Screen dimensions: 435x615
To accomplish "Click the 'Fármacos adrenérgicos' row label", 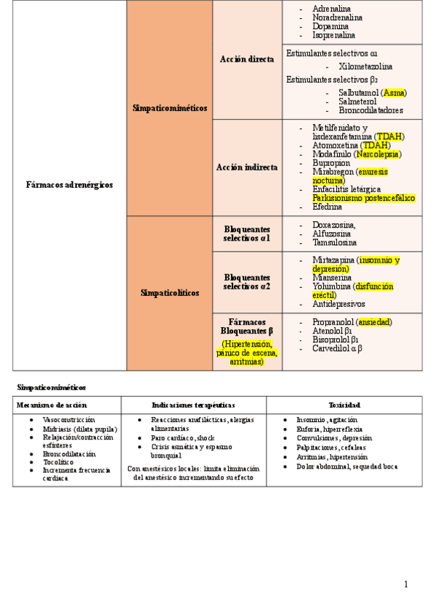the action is (70, 185).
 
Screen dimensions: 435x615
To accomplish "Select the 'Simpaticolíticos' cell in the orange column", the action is (169, 293).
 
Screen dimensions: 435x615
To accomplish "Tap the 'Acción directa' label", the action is (247, 59).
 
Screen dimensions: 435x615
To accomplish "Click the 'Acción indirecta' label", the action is (247, 167).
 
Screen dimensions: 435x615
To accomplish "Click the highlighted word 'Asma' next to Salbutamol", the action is (394, 93).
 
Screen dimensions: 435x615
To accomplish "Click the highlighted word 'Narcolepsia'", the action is (378, 154).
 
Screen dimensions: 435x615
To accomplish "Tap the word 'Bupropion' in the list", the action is (333, 163).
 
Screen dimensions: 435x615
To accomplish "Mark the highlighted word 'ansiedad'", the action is (375, 322).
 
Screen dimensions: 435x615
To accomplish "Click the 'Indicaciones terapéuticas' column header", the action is (193, 405).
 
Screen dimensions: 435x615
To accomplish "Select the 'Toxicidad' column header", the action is (344, 405).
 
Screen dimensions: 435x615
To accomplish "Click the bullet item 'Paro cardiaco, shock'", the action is (183, 438).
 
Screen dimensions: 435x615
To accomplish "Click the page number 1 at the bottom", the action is (406, 585).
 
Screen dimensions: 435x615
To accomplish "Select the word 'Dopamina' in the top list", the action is (331, 26).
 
